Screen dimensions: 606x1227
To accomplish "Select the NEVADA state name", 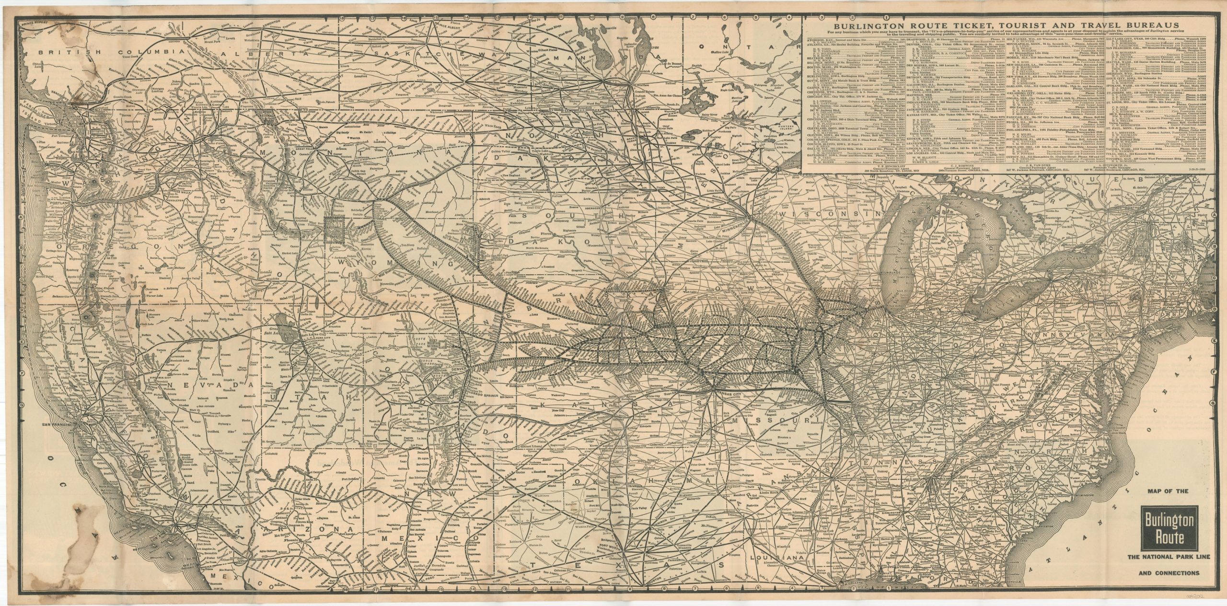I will tap(196, 385).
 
